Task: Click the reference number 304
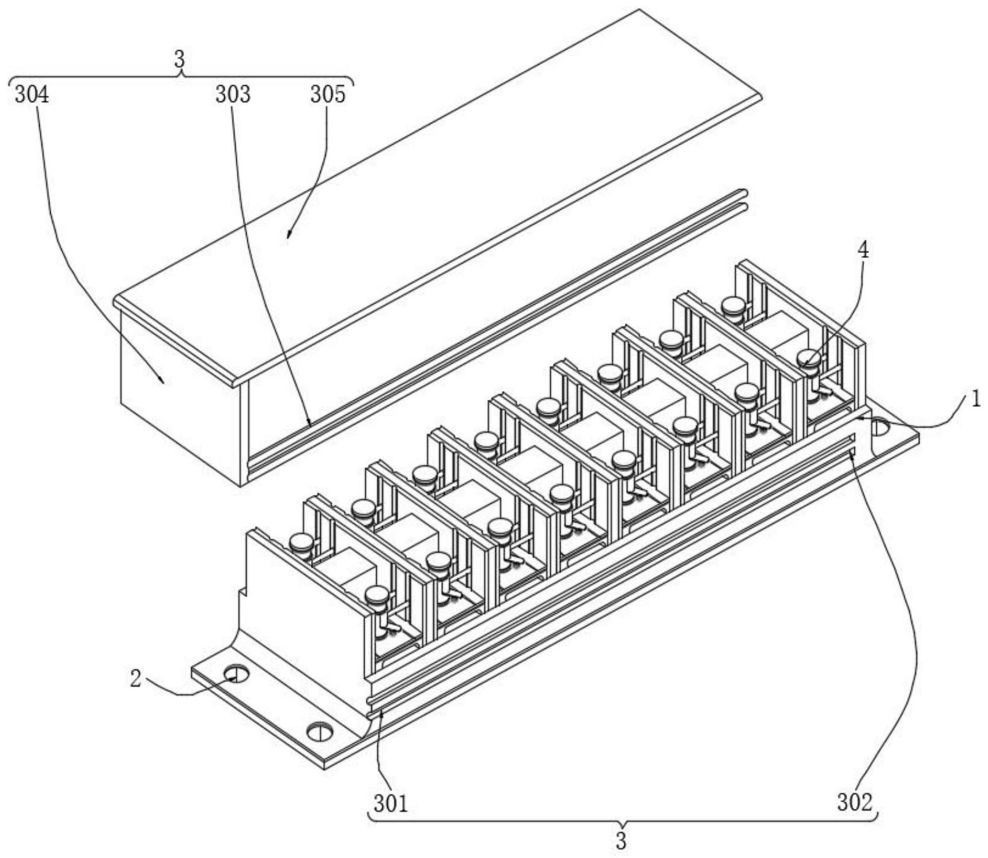pyautogui.click(x=32, y=95)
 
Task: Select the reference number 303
pyautogui.click(x=233, y=95)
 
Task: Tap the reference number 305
pyautogui.click(x=328, y=95)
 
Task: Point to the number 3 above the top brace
pyautogui.click(x=180, y=60)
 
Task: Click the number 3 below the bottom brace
pyautogui.click(x=621, y=840)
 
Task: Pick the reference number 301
pyautogui.click(x=391, y=802)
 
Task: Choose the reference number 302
pyautogui.click(x=855, y=802)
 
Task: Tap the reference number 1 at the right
pyautogui.click(x=975, y=399)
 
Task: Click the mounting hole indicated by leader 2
pyautogui.click(x=236, y=673)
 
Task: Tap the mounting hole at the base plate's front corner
pyautogui.click(x=320, y=732)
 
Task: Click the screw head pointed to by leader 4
pyautogui.click(x=809, y=359)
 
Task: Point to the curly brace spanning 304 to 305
pyautogui.click(x=181, y=79)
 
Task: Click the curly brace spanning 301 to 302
pyautogui.click(x=622, y=818)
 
